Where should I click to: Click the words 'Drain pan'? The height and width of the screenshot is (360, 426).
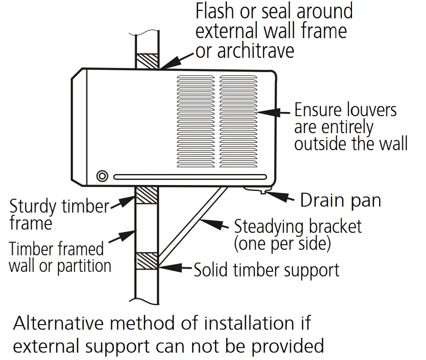pos(340,201)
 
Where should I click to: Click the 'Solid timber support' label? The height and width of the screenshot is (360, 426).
pos(267,270)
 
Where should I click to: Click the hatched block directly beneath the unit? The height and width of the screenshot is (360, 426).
pos(147,195)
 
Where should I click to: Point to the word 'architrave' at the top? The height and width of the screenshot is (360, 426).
pos(244,51)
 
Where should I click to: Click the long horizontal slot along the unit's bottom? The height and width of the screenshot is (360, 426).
pos(190,177)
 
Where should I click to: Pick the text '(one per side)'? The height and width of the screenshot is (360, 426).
pos(282,244)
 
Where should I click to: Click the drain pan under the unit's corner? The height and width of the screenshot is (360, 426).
pos(257,189)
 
